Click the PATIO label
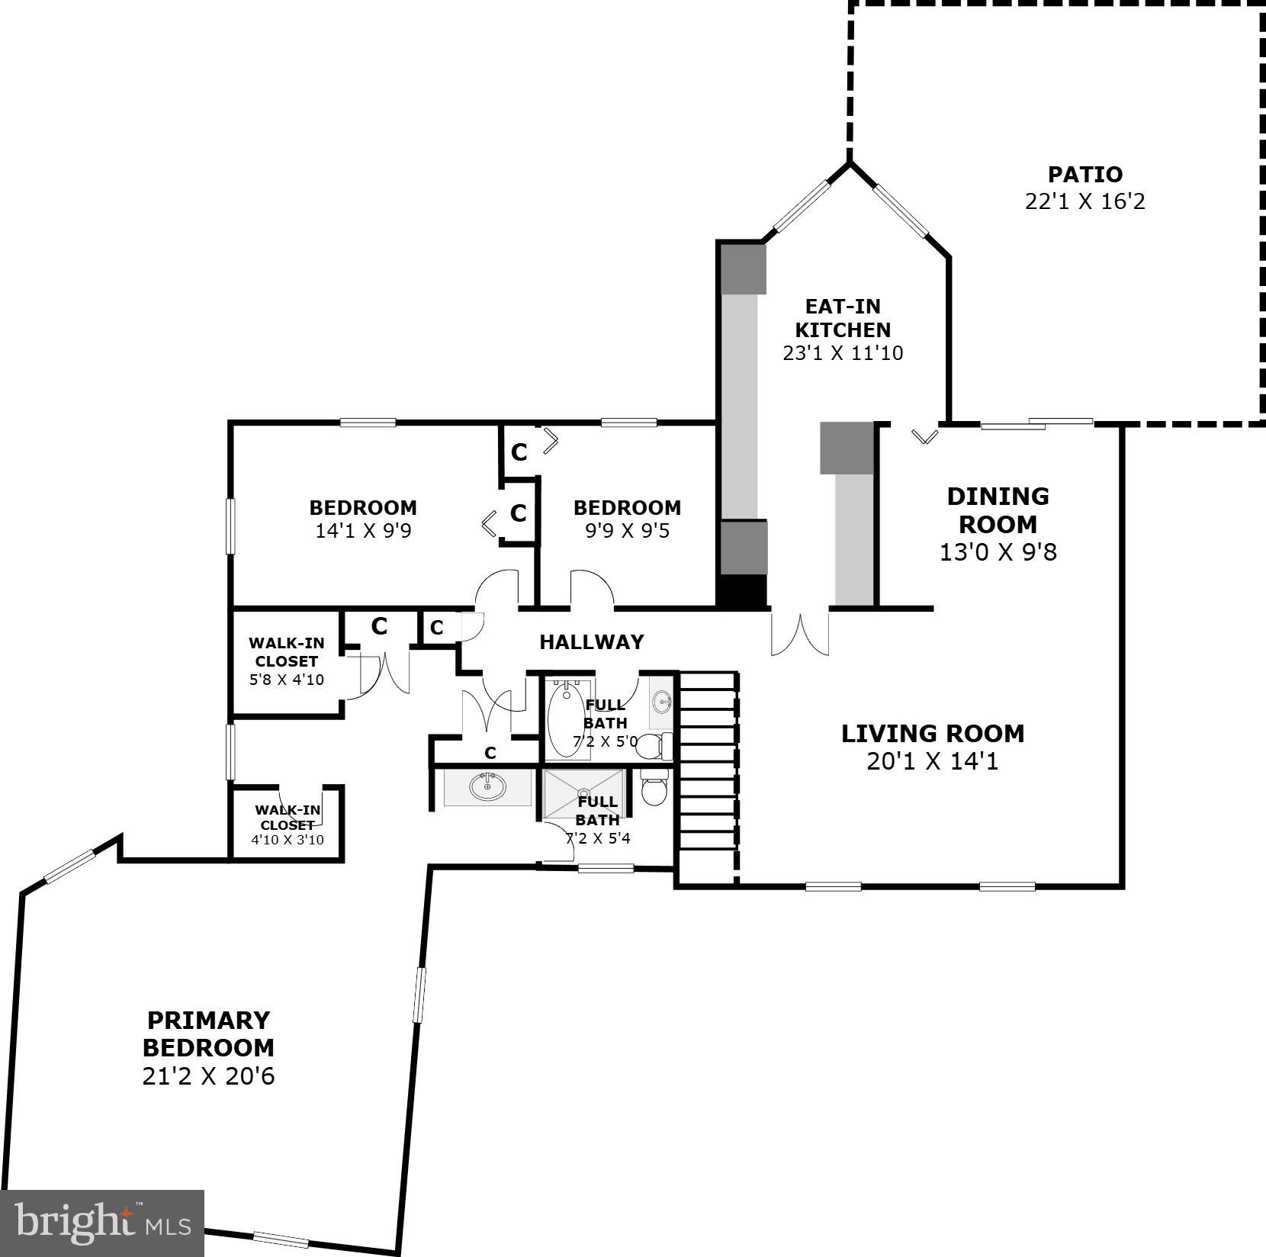1084,175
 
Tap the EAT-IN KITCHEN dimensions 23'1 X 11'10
843,353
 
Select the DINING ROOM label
998,510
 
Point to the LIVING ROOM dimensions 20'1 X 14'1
932,760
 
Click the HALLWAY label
591,642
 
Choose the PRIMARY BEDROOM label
208,1034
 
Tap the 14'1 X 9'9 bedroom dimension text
363,531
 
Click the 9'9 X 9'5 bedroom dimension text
627,531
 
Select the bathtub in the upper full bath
565,720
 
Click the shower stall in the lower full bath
584,794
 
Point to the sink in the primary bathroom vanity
487,786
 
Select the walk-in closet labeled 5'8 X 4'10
286,661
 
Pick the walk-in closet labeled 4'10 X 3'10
288,824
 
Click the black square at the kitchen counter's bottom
742,592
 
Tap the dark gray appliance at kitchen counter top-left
743,268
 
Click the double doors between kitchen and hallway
798,633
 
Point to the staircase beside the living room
707,778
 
